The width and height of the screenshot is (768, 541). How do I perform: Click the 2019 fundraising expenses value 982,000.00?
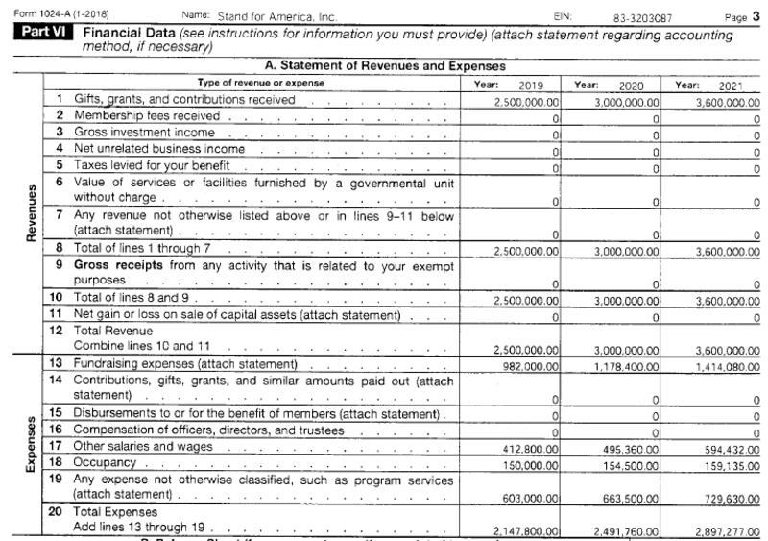(531, 365)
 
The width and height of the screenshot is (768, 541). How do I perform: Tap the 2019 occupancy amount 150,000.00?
(531, 463)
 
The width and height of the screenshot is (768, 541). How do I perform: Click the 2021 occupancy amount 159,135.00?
(727, 463)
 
